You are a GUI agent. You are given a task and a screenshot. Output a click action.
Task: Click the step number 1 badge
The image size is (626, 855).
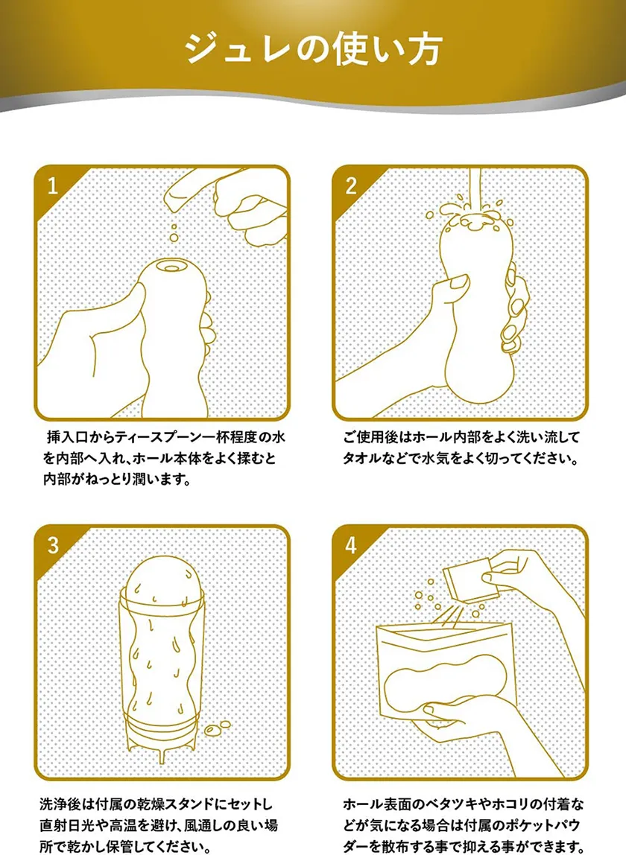click(x=52, y=186)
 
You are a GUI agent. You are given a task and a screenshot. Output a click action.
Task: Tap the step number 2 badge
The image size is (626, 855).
click(x=351, y=186)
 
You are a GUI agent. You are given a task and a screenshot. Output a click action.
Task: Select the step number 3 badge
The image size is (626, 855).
click(x=53, y=545)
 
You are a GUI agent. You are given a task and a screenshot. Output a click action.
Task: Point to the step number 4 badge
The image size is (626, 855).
click(x=351, y=545)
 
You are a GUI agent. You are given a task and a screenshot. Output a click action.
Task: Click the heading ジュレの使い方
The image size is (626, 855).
click(x=313, y=49)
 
